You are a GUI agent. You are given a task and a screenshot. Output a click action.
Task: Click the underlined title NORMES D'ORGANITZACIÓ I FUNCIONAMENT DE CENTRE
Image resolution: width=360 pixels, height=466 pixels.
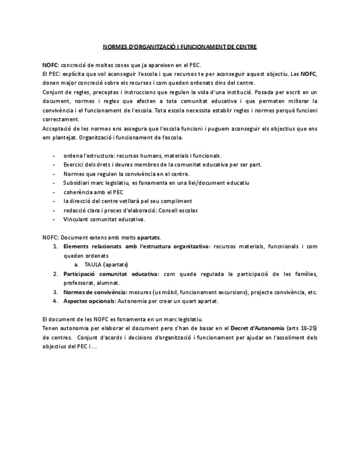coord(180,47)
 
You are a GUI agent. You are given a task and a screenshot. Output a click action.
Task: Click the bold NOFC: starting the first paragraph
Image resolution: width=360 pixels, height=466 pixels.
coord(50,65)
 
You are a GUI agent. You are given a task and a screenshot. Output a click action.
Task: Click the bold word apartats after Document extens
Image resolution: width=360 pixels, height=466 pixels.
coord(148,237)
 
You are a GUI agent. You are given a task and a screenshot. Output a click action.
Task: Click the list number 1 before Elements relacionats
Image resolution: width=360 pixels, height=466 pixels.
coord(56,247)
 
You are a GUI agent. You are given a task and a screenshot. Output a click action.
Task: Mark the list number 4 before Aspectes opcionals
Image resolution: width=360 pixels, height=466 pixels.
coord(56,301)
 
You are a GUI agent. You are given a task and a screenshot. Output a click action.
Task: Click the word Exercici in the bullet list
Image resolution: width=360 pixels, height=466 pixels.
coord(74,164)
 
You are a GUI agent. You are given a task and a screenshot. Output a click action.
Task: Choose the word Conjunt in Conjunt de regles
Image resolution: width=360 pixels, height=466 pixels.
coord(53,92)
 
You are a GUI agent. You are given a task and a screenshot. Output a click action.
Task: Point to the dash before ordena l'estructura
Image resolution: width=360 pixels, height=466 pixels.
coord(53,156)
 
